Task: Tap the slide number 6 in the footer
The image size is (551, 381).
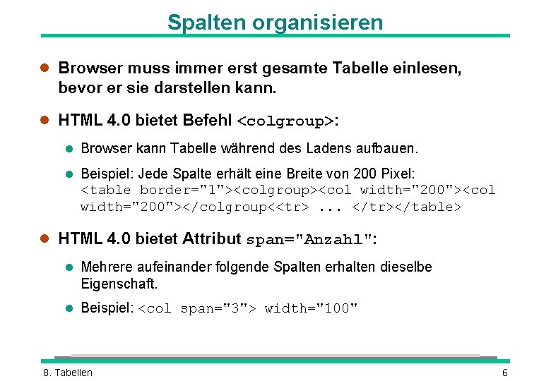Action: pos(505,373)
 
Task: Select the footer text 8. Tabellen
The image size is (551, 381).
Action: pos(68,373)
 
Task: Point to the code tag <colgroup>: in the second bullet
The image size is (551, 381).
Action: pos(287,121)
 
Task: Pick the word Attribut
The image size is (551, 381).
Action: pos(212,238)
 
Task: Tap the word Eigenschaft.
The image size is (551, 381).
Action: pos(119,284)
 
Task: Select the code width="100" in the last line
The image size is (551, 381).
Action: pos(311,308)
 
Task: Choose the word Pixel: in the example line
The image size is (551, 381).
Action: pos(398,174)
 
